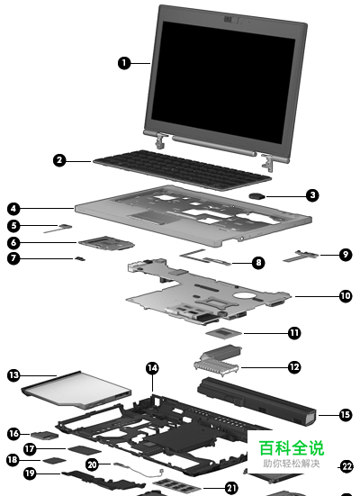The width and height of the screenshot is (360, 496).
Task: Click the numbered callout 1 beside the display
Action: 124,63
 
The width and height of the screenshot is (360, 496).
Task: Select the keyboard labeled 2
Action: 183,170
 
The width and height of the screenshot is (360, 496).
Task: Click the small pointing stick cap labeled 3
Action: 257,196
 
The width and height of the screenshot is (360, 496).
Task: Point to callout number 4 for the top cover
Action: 13,209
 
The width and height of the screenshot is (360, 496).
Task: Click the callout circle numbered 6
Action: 13,243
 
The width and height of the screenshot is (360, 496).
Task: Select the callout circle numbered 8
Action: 258,262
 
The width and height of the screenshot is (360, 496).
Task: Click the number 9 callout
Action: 346,255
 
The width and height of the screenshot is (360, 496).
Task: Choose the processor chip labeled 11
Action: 224,333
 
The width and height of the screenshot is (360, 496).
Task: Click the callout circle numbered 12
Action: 294,367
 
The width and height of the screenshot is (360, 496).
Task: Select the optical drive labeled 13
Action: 76,390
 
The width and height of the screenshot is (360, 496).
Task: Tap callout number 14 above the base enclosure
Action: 152,368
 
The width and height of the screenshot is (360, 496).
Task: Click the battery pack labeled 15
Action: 256,401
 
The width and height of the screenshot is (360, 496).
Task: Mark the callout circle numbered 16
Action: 13,433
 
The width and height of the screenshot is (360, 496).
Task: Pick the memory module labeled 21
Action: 177,485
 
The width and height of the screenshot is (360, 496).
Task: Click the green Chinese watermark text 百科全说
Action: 292,447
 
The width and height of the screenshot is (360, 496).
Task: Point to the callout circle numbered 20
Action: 92,464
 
